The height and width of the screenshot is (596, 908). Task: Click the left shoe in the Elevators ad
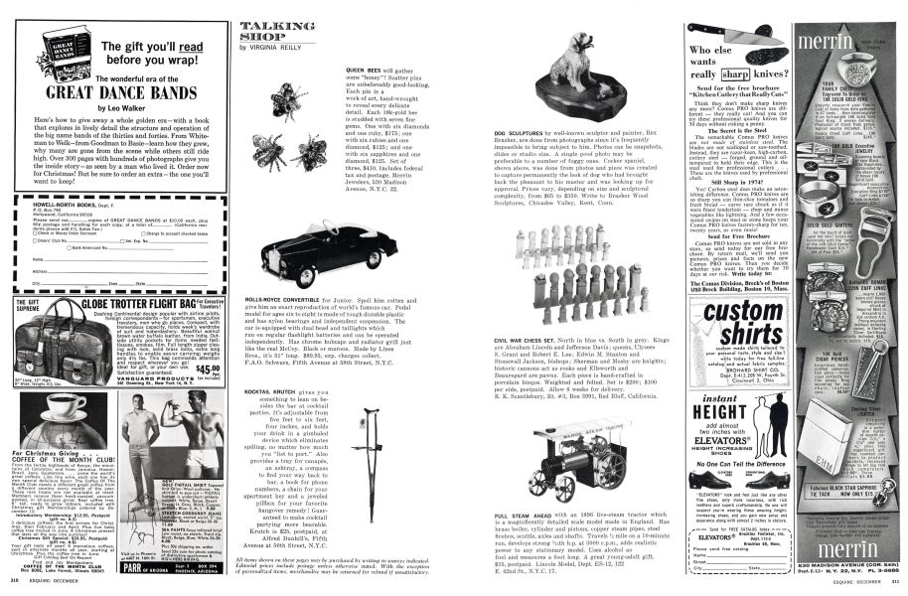707,505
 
